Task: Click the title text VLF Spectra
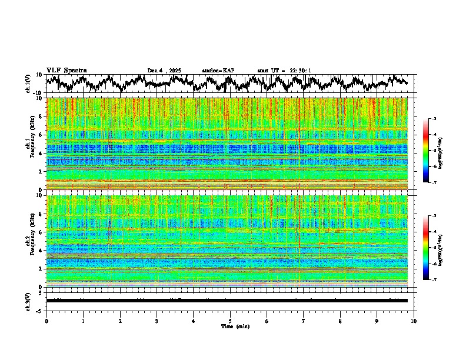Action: coord(66,70)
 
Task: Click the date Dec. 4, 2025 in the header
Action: coord(164,71)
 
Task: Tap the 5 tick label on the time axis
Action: coord(230,321)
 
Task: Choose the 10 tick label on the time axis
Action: coord(414,321)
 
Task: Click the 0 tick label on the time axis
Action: coord(46,321)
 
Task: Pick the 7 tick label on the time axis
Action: coord(304,321)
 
